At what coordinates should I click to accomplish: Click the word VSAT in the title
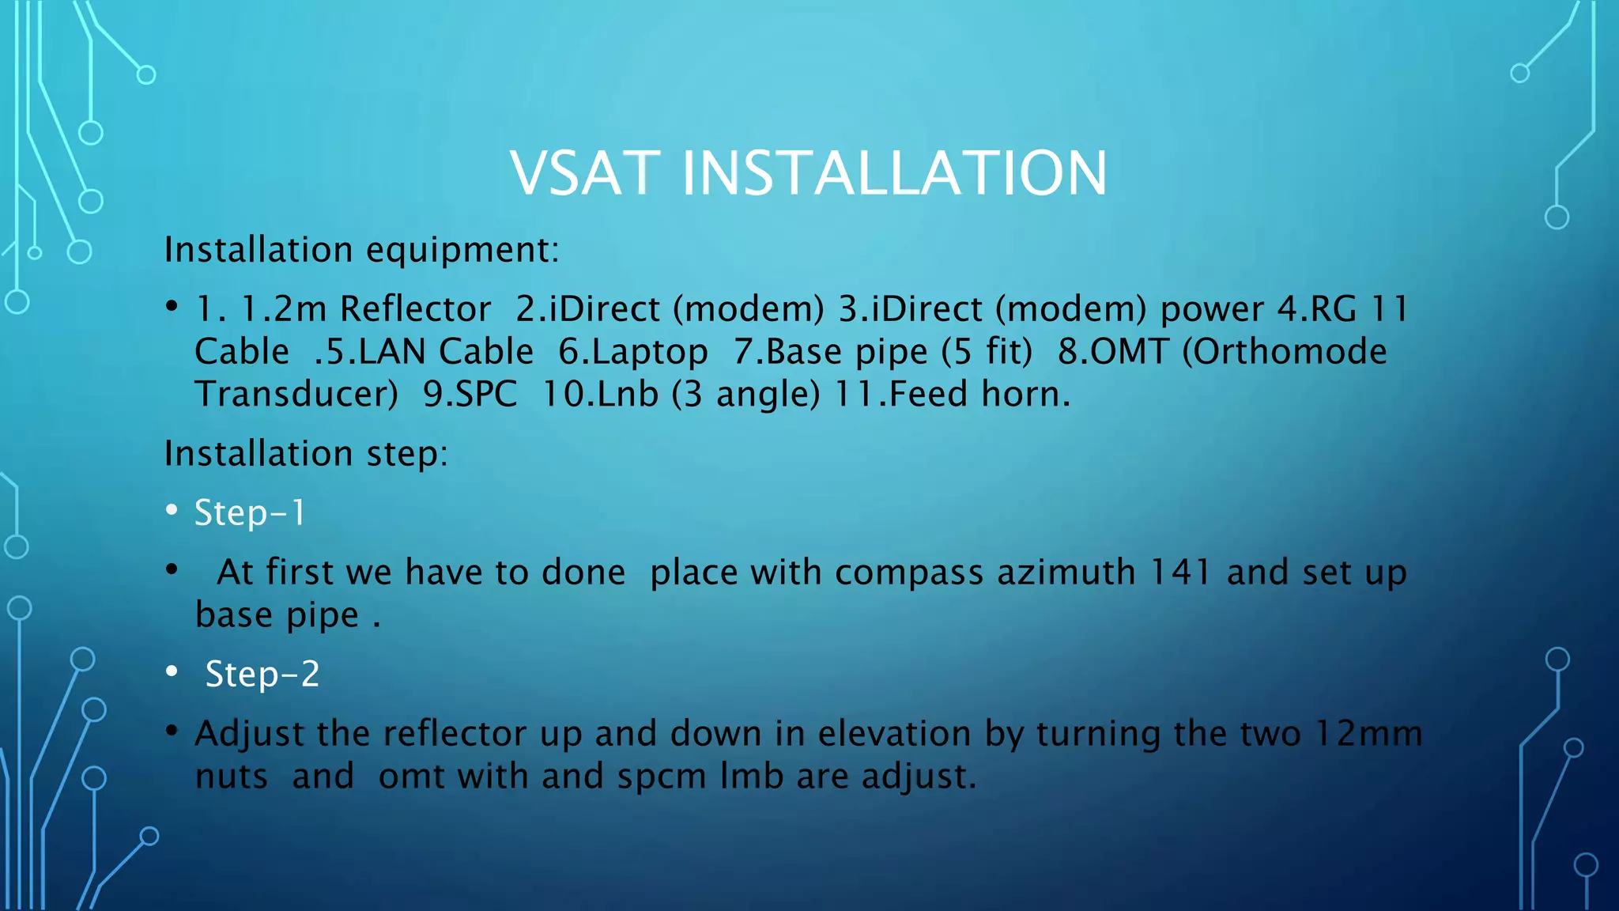[584, 174]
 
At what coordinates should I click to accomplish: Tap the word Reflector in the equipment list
[416, 309]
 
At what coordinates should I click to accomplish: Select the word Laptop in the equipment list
[633, 352]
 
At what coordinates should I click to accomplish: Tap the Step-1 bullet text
[250, 513]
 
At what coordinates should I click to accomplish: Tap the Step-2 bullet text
[262, 675]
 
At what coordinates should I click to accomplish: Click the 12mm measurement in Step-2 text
[1368, 734]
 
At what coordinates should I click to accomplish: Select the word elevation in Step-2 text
[893, 734]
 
